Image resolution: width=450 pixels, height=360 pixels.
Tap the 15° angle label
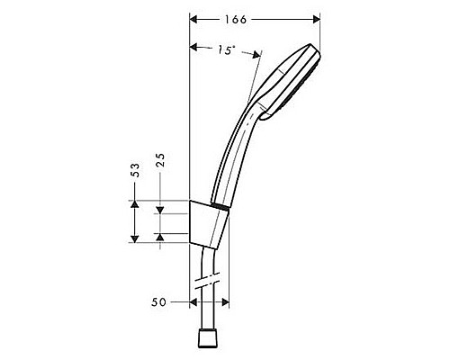(227, 52)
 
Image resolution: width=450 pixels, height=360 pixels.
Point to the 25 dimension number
(160, 161)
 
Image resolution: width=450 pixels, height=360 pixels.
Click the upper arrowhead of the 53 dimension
(133, 205)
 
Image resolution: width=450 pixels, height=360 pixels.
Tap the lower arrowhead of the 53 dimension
(133, 235)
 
